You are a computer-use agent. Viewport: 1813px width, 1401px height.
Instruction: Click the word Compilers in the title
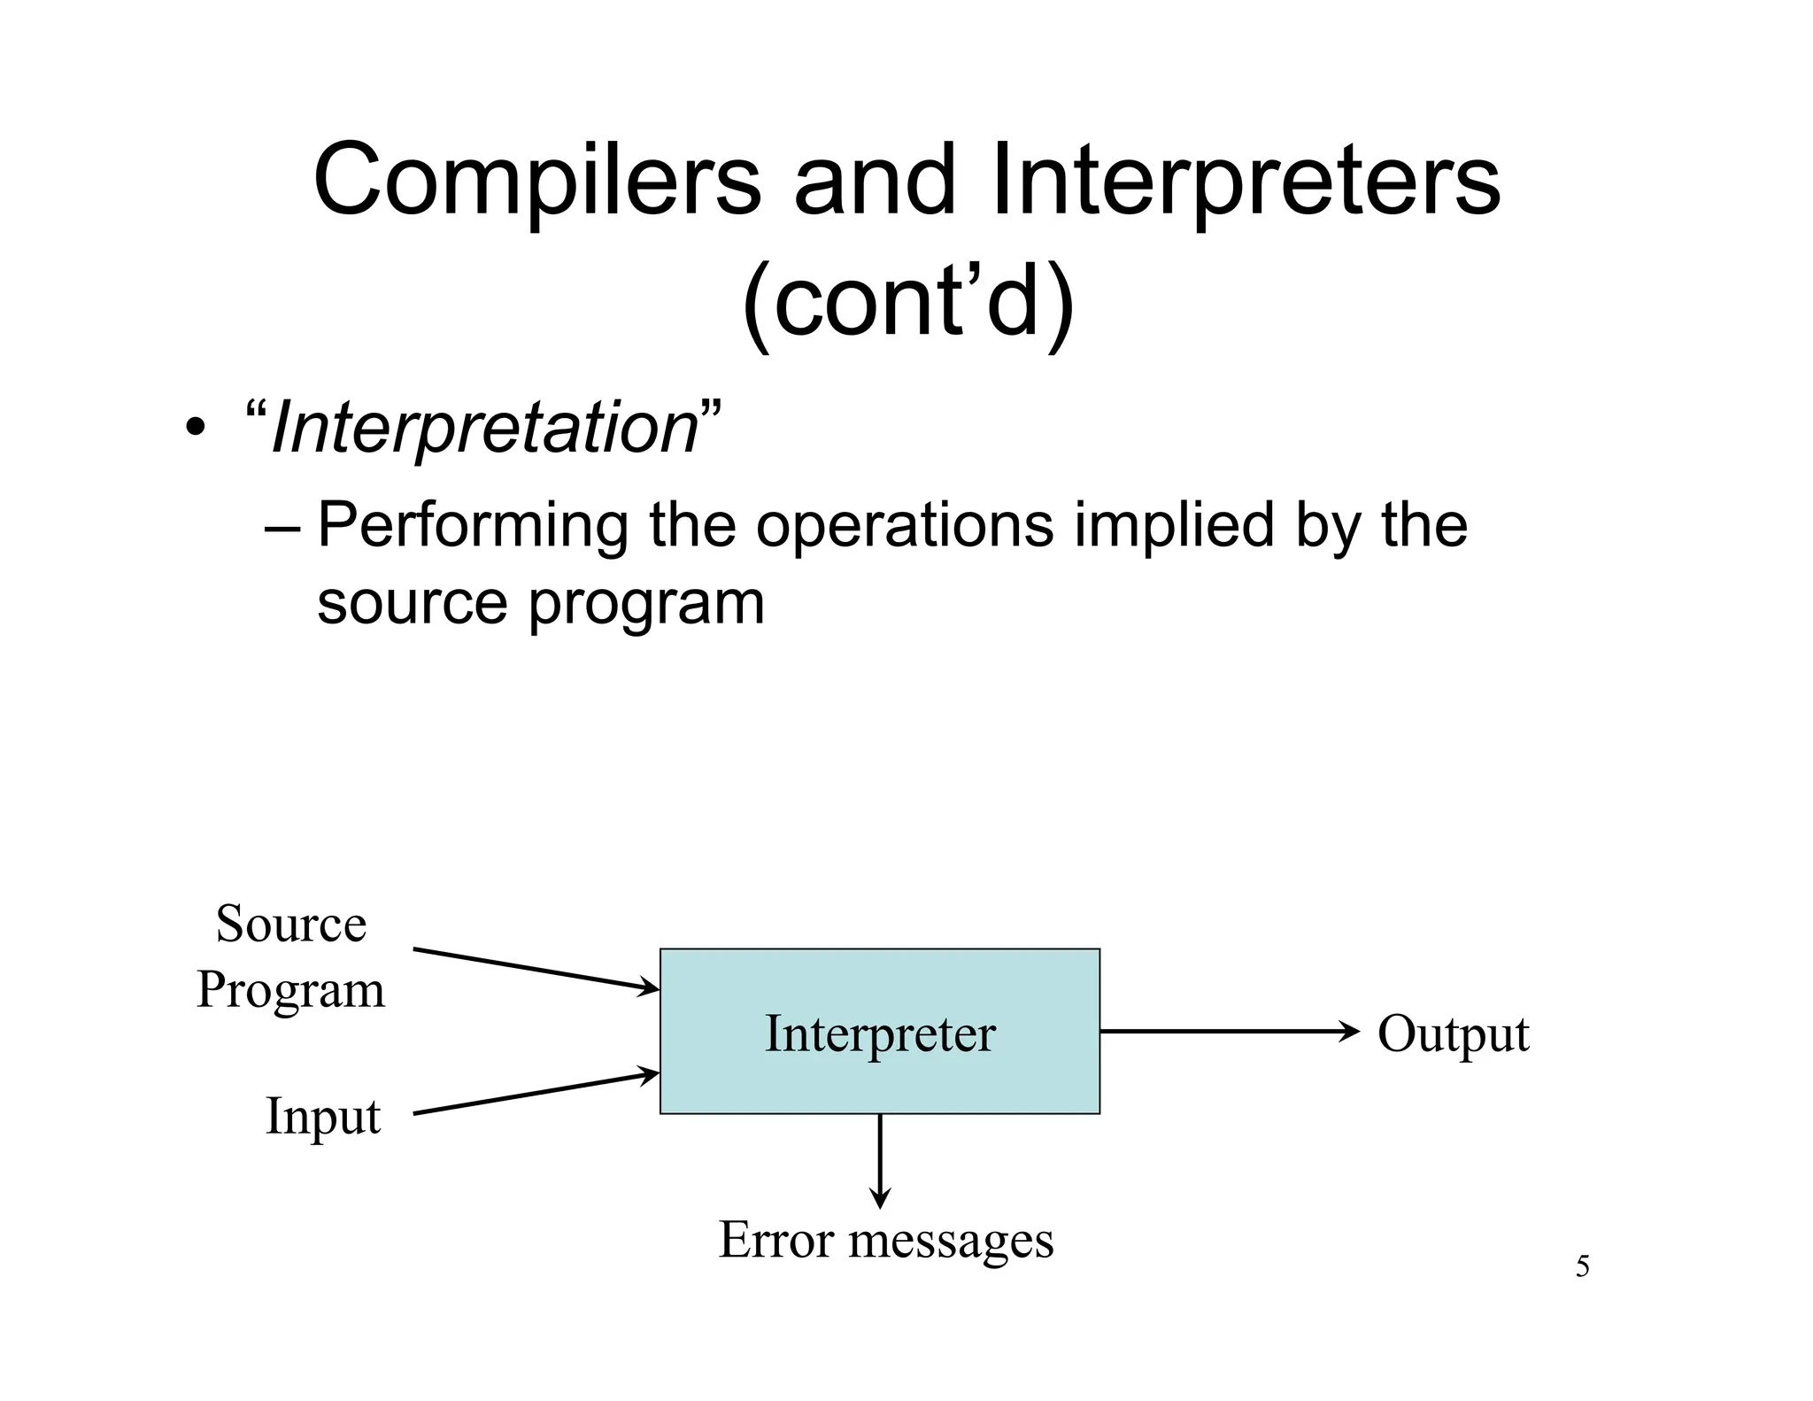pos(536,182)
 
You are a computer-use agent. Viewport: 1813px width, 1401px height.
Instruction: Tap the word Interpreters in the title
pos(1246,182)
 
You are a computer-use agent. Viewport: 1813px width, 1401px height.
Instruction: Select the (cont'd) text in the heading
pos(906,304)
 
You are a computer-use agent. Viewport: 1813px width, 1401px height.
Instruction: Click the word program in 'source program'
pos(646,605)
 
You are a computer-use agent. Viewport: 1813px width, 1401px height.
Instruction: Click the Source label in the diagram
pos(290,925)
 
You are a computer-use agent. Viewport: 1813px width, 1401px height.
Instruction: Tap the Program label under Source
pos(290,990)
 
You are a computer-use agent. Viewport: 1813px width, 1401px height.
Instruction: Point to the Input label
pos(322,1116)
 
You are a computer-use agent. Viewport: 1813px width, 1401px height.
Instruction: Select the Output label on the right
pos(1453,1034)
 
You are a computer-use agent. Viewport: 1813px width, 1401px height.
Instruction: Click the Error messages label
pos(885,1240)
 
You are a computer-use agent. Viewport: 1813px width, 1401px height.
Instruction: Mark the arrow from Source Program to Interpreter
pos(536,970)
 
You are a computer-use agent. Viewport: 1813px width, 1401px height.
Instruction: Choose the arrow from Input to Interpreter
pos(536,1094)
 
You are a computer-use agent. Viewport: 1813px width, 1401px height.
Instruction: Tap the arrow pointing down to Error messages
pos(880,1160)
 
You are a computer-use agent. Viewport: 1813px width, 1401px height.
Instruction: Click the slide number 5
pos(1582,1267)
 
